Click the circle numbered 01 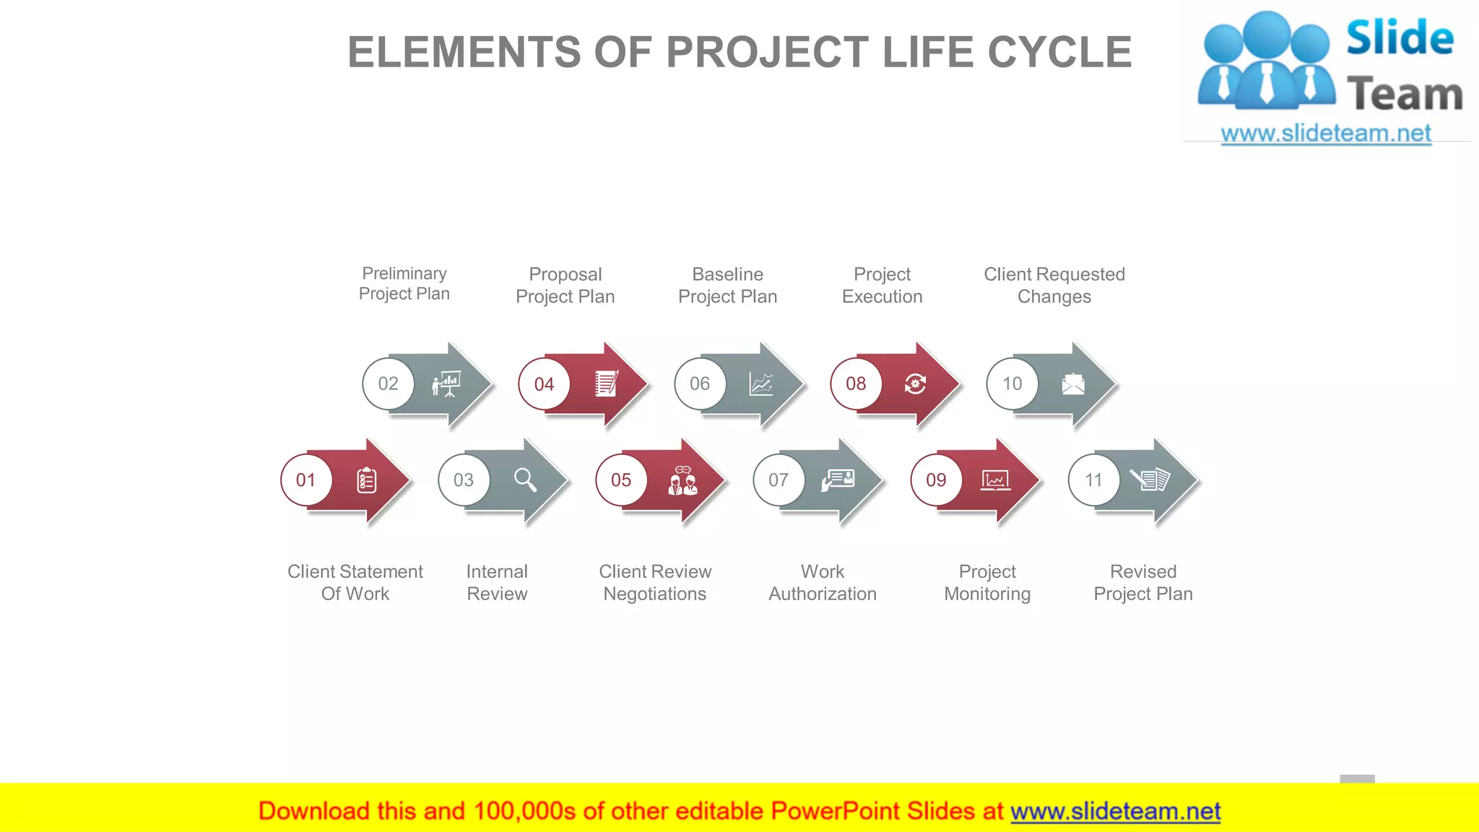point(306,480)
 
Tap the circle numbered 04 point(544,384)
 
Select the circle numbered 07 point(778,480)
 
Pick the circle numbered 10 point(1012,384)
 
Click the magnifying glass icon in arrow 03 point(525,480)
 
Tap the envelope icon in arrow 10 point(1073,384)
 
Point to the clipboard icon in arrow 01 point(367,480)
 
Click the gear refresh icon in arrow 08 point(916,384)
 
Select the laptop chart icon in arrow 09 point(995,480)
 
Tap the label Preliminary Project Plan point(404,284)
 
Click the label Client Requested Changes point(1054,285)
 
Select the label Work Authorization point(823,583)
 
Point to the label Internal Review point(497,583)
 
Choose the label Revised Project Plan point(1143,583)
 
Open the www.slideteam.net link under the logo point(1326,134)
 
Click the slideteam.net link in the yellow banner point(1115,812)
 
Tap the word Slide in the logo point(1400,38)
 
